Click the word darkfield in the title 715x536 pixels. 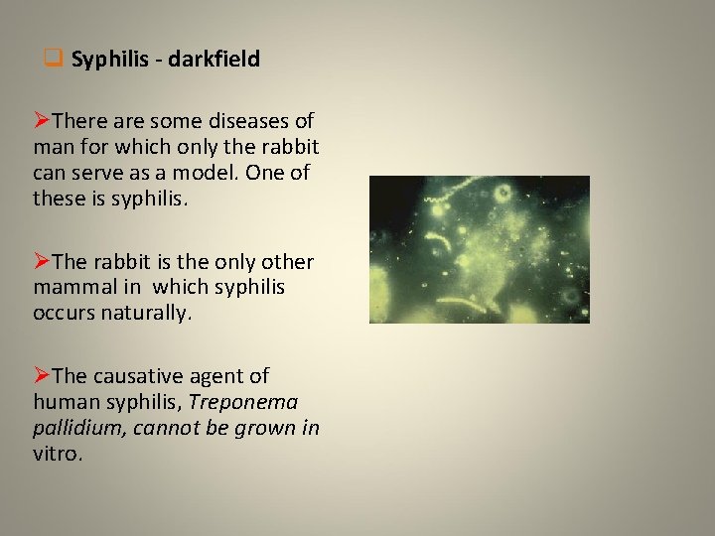click(214, 60)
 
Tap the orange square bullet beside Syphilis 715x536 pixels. click(55, 59)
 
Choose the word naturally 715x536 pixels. click(148, 313)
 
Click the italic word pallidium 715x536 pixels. click(74, 428)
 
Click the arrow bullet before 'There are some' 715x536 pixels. click(42, 121)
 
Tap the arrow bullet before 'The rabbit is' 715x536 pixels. click(42, 262)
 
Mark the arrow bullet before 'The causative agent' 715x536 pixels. click(42, 376)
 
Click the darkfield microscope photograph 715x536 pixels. click(479, 249)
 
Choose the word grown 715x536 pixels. click(269, 428)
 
